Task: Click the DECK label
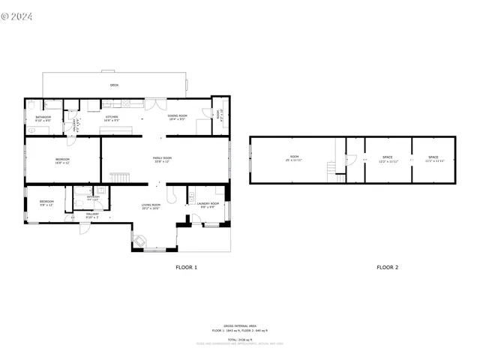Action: pos(114,85)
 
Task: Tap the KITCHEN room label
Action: pos(111,118)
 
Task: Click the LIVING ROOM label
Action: pos(151,205)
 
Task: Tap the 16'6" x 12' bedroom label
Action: pos(62,160)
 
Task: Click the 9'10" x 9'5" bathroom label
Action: pos(43,118)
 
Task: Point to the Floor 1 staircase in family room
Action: pos(120,176)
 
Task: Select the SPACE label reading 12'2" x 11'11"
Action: pos(388,159)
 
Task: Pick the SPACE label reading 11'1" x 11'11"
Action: pos(433,159)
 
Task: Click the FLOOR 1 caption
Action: pos(186,267)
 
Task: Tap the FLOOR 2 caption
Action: pos(387,267)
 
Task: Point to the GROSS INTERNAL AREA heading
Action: pos(239,325)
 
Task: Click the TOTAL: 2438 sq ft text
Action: pos(239,339)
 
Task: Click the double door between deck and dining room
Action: pos(156,100)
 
